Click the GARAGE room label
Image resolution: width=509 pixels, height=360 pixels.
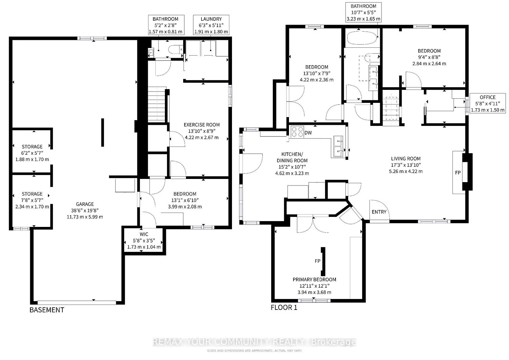pyautogui.click(x=85, y=204)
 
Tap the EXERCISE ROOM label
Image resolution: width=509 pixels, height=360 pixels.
pyautogui.click(x=202, y=125)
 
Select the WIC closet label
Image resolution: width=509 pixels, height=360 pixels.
pyautogui.click(x=144, y=234)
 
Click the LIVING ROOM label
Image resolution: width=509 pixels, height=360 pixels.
pyautogui.click(x=406, y=159)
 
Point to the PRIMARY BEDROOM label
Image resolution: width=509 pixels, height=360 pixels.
pyautogui.click(x=314, y=280)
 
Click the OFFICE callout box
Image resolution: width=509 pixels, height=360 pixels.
pyautogui.click(x=488, y=104)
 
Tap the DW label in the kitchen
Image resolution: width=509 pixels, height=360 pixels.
pyautogui.click(x=308, y=133)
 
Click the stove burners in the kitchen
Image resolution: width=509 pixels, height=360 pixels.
pyautogui.click(x=297, y=132)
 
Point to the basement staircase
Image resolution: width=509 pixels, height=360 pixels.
pyautogui.click(x=157, y=104)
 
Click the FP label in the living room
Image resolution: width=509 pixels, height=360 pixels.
pyautogui.click(x=458, y=173)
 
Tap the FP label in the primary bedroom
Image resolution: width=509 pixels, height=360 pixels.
pyautogui.click(x=318, y=261)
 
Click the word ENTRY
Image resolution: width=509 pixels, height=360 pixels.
pyautogui.click(x=379, y=212)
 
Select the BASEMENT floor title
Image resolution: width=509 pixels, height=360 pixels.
pyautogui.click(x=47, y=310)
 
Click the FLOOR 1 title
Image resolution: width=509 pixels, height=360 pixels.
pyautogui.click(x=284, y=308)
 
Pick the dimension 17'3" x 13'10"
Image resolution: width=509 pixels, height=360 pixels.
pyautogui.click(x=406, y=165)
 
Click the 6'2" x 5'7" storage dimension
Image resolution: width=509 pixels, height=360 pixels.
pyautogui.click(x=32, y=153)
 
